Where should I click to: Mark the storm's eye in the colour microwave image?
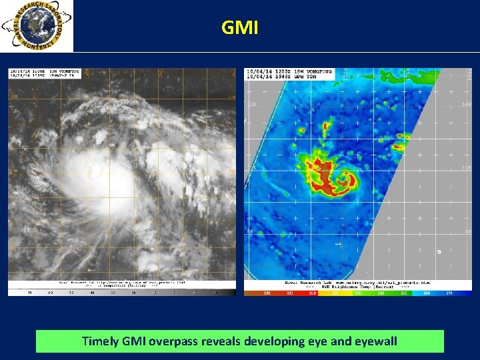[x=346, y=178]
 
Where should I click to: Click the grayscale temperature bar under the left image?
[x=121, y=292]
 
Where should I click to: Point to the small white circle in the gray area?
[x=439, y=252]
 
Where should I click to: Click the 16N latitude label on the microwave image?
[x=251, y=105]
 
